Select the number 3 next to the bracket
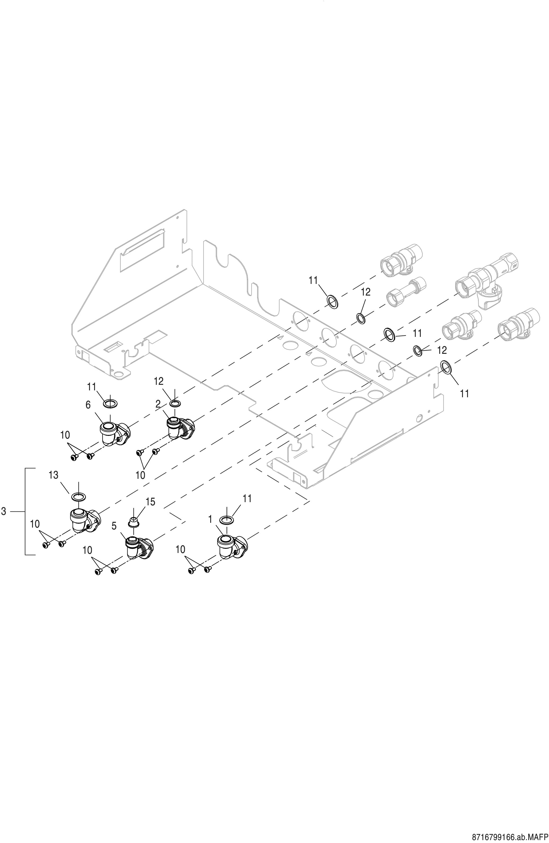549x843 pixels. pos(4,511)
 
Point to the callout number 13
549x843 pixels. pos(54,475)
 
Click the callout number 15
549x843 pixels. pos(150,502)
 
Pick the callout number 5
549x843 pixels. pos(114,526)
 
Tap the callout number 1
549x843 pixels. pos(210,519)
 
